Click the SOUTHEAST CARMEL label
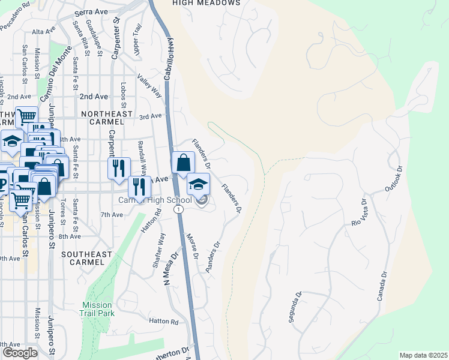click(x=86, y=259)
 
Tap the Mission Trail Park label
click(x=97, y=309)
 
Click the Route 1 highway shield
click(x=178, y=209)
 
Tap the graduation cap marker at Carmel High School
click(x=198, y=184)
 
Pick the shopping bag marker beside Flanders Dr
click(x=183, y=163)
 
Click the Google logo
click(x=19, y=353)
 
